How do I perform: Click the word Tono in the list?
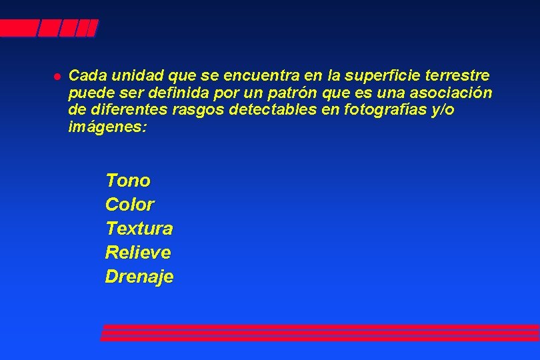[x=128, y=181]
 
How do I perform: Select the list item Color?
[x=129, y=205]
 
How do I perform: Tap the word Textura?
[x=139, y=229]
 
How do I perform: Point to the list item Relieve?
[x=138, y=253]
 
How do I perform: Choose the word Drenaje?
[x=139, y=277]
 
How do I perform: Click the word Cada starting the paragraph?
[x=87, y=75]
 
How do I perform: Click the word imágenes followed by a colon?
[x=106, y=127]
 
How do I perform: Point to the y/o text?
[x=442, y=110]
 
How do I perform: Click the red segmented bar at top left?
[x=48, y=28]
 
